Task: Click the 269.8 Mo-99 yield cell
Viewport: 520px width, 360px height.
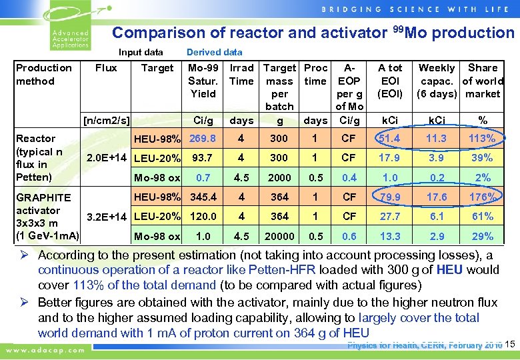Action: (203, 138)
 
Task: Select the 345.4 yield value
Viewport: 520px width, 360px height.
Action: (203, 197)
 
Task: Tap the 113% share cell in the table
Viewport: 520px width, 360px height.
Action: (482, 138)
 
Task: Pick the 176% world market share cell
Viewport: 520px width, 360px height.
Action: (482, 197)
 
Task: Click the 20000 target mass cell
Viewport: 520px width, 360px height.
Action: (279, 236)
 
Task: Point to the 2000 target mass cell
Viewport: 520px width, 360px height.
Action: (279, 177)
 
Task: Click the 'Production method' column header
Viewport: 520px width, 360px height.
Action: (44, 74)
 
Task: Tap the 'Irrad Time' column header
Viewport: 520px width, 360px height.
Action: (241, 74)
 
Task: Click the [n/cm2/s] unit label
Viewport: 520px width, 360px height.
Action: (105, 121)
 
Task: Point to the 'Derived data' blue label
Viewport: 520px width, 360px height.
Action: (214, 52)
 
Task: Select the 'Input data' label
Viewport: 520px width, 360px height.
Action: (141, 52)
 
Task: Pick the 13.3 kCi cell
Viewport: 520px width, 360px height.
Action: (390, 236)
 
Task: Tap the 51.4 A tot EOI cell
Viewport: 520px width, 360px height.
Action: (390, 138)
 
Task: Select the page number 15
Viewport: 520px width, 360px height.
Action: (511, 345)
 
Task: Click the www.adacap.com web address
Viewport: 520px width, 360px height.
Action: (45, 349)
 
